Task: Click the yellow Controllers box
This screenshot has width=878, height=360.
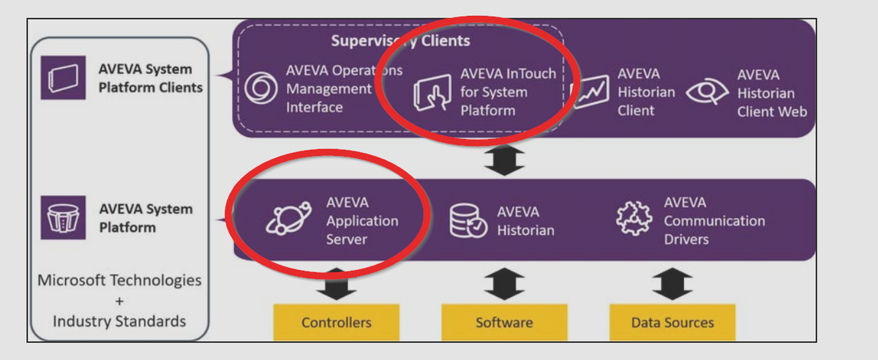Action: [337, 323]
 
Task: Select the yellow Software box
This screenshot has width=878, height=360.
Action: [504, 323]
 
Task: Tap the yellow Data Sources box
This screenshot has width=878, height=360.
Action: [672, 323]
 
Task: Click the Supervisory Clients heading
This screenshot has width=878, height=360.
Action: [400, 40]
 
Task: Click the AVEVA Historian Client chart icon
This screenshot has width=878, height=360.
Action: [590, 92]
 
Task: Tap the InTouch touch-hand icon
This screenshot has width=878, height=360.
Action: [432, 92]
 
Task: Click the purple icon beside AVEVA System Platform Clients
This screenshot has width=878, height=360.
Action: [64, 78]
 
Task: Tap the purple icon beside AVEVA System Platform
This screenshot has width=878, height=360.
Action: [63, 218]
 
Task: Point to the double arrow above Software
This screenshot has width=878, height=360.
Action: [504, 283]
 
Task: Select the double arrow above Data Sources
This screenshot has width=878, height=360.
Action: [672, 283]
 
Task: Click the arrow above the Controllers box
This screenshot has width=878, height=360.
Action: [337, 283]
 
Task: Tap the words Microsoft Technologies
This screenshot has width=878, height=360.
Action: [119, 280]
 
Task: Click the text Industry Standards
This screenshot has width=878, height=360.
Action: [119, 321]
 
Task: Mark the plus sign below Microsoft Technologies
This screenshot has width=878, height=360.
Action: [119, 301]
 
